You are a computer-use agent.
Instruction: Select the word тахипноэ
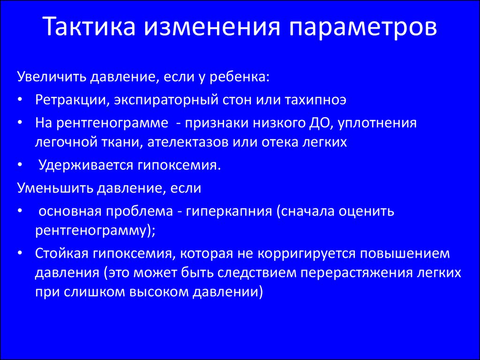(315, 100)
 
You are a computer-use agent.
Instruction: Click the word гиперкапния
(229, 211)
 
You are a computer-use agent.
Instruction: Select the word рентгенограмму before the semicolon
(91, 231)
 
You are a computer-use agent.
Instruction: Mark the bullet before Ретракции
(20, 100)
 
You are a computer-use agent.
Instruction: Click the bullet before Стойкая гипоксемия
(20, 254)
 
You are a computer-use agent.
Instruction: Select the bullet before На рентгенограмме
(20, 123)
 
